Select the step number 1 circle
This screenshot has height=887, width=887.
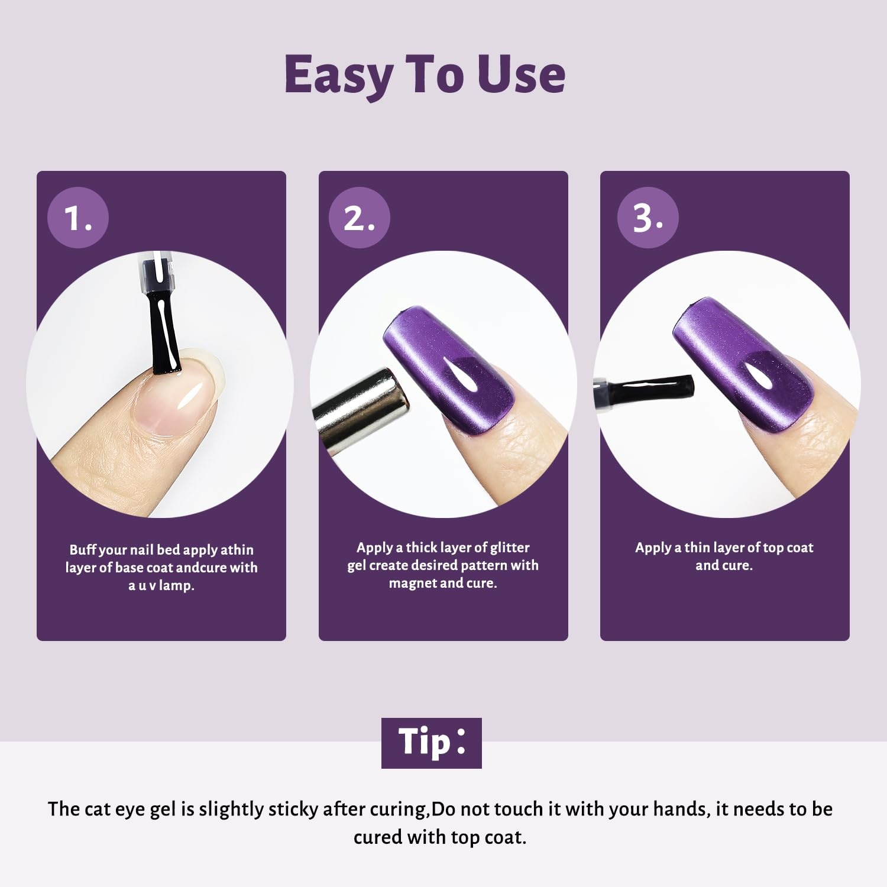click(78, 218)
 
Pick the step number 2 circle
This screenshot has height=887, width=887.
click(360, 218)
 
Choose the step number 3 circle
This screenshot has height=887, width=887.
click(648, 218)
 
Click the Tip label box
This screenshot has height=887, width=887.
click(432, 743)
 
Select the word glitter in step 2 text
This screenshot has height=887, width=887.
click(510, 548)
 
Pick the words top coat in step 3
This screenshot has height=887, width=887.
click(788, 548)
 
